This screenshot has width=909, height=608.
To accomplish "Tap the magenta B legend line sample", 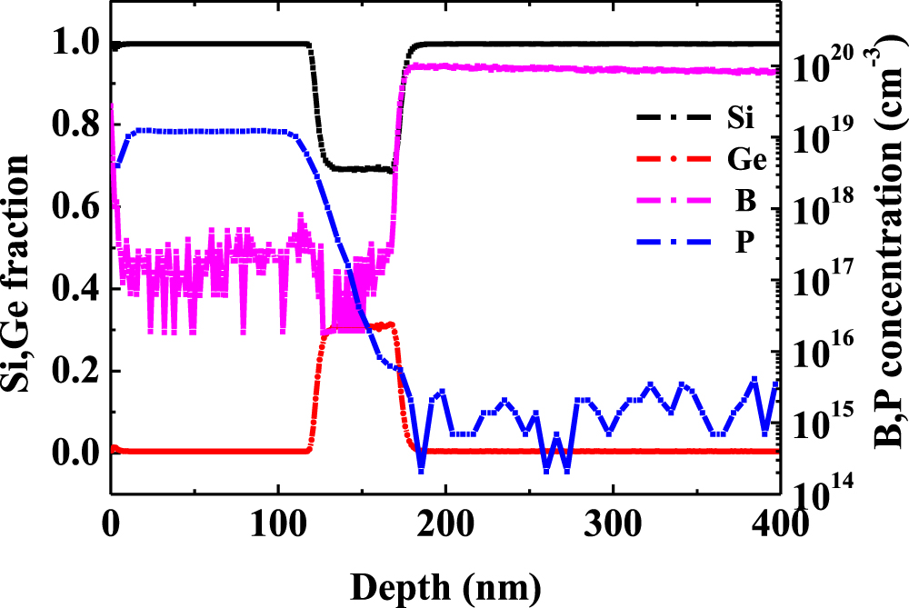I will [x=672, y=202].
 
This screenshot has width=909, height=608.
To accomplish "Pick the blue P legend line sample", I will [x=672, y=244].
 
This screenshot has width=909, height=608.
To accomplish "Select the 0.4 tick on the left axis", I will [x=76, y=290].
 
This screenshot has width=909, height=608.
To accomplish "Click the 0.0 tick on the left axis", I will [x=76, y=453].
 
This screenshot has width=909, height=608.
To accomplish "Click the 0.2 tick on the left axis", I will [x=76, y=372].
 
